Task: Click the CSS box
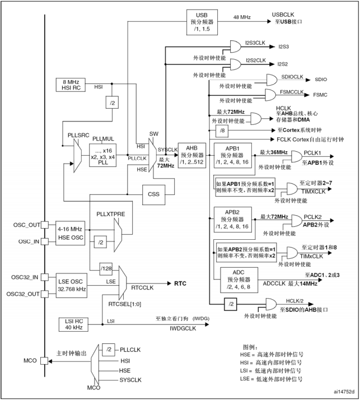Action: point(153,194)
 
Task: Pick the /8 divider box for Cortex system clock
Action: point(223,130)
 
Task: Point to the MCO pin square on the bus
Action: point(44,361)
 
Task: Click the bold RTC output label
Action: point(181,283)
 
